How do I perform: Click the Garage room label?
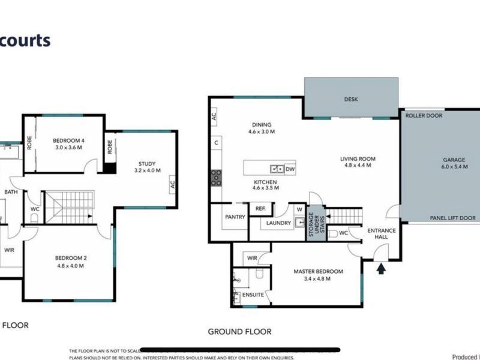tap(454, 160)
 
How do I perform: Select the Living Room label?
tap(358, 159)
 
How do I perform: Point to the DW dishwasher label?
tap(290, 169)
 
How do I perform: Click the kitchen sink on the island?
tap(277, 169)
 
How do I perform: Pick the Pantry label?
tap(235, 217)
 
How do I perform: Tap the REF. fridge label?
tap(260, 208)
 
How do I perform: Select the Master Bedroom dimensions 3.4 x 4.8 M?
tap(318, 279)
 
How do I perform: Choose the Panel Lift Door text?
tap(454, 218)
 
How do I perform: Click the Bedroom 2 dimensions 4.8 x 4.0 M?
tap(67, 266)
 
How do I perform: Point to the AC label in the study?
tap(172, 184)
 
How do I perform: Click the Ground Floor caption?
tap(239, 331)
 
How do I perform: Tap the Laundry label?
tap(278, 223)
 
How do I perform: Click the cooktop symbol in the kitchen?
tap(215, 178)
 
